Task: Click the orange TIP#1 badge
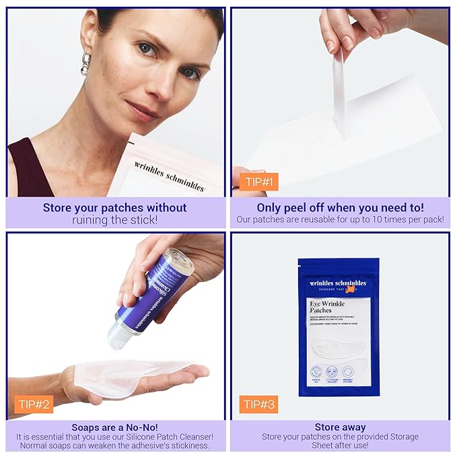click(x=258, y=182)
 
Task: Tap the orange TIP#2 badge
click(x=33, y=404)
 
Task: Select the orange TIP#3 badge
click(x=258, y=404)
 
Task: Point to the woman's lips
click(x=143, y=110)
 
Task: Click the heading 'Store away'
click(x=340, y=427)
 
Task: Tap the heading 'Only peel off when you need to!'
click(x=340, y=208)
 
